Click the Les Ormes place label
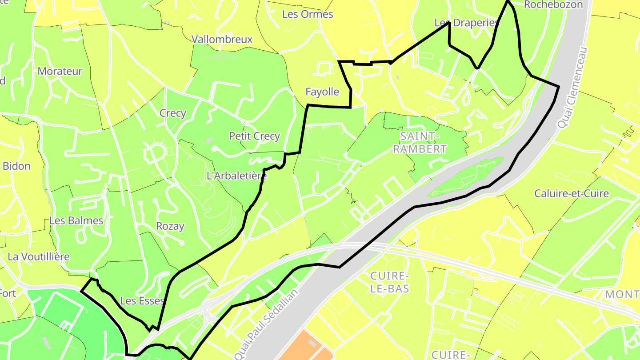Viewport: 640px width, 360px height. pos(308,14)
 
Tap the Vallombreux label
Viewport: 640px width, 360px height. pos(222,39)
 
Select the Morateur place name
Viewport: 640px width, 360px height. pos(60,71)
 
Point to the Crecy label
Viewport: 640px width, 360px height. pos(173,113)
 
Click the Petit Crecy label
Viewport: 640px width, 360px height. pos(255,136)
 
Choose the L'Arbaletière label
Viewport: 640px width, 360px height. pos(237,176)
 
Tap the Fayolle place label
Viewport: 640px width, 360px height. pos(322,92)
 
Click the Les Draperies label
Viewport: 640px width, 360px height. pos(467,23)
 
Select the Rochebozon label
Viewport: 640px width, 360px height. pos(553,5)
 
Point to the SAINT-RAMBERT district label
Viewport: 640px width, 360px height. pos(420,142)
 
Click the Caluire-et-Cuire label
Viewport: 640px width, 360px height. pos(572,193)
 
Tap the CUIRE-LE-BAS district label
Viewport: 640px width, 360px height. pos(389,282)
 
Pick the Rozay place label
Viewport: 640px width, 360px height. pos(170,226)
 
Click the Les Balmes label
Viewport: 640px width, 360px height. pos(76,220)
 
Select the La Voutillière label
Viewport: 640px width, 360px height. pos(39,256)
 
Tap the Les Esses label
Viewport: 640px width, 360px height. pos(142,301)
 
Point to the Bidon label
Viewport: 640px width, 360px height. pos(16,166)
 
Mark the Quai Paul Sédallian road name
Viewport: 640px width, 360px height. pos(267,324)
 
